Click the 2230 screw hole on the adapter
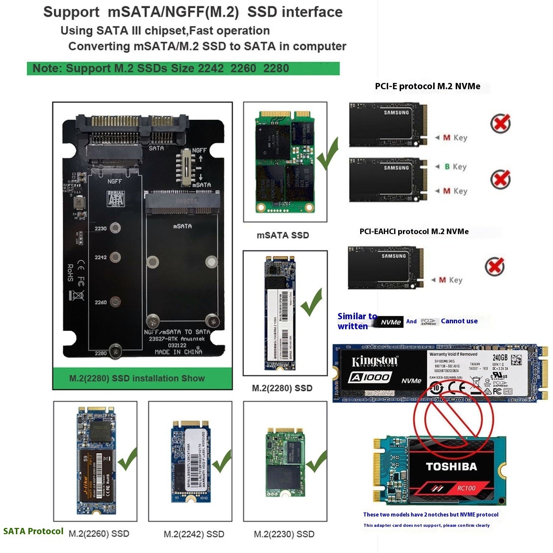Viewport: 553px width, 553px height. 115,228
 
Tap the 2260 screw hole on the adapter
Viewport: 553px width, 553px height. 115,302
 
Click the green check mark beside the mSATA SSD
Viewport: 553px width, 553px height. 327,154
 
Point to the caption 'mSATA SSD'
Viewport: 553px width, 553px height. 283,235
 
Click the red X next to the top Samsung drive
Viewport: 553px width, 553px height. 500,124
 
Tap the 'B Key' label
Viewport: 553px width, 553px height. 455,167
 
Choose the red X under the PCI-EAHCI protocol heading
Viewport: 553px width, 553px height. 494,266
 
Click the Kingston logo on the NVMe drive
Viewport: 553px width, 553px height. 375,361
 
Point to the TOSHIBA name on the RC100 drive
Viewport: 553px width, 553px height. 451,467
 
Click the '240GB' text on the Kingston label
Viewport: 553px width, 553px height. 500,358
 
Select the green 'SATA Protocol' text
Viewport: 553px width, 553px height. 33,531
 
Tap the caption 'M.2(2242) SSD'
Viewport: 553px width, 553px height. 194,534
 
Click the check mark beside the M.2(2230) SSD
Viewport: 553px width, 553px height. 316,462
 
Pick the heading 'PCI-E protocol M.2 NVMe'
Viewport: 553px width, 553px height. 427,86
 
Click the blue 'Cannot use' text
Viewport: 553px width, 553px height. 459,321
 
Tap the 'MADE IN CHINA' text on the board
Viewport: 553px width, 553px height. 178,352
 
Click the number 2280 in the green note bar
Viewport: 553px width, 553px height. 276,69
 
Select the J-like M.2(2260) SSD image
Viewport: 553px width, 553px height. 96,461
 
